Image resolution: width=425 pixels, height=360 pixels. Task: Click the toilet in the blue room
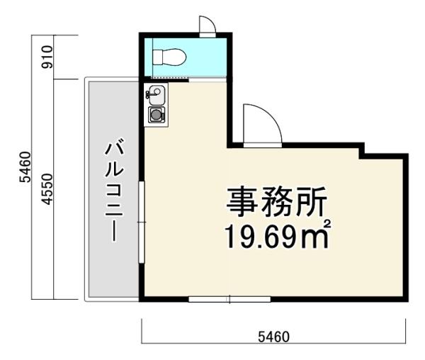(170, 57)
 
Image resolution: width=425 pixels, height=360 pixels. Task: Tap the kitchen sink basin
(157, 95)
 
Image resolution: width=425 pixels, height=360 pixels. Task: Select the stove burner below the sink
(157, 115)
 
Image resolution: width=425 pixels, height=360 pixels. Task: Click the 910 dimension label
(46, 57)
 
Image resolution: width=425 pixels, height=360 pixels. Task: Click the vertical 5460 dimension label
(25, 167)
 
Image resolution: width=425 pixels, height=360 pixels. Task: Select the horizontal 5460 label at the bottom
(273, 337)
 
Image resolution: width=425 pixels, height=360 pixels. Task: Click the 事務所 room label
(276, 202)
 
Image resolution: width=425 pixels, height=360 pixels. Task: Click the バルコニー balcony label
(114, 189)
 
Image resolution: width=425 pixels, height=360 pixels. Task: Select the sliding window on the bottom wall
(229, 299)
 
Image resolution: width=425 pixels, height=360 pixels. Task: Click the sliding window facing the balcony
(142, 222)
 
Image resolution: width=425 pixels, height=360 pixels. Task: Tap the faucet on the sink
(149, 94)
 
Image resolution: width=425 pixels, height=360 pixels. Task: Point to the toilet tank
(158, 57)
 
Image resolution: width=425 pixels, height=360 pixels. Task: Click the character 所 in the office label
(312, 202)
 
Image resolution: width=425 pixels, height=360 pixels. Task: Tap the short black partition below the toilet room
(166, 80)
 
